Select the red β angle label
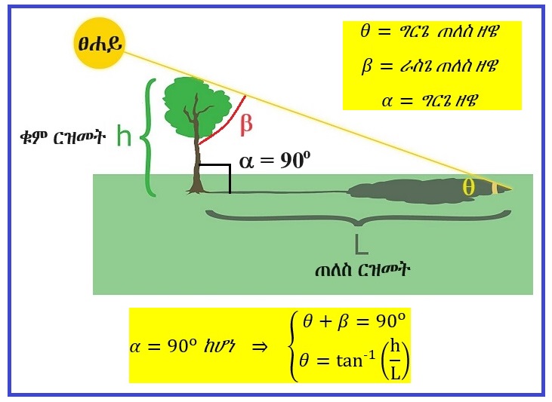coord(246,124)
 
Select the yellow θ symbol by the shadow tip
coord(469,188)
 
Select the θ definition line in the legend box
coord(430,32)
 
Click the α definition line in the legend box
coord(430,99)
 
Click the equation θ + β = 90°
coord(354,322)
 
